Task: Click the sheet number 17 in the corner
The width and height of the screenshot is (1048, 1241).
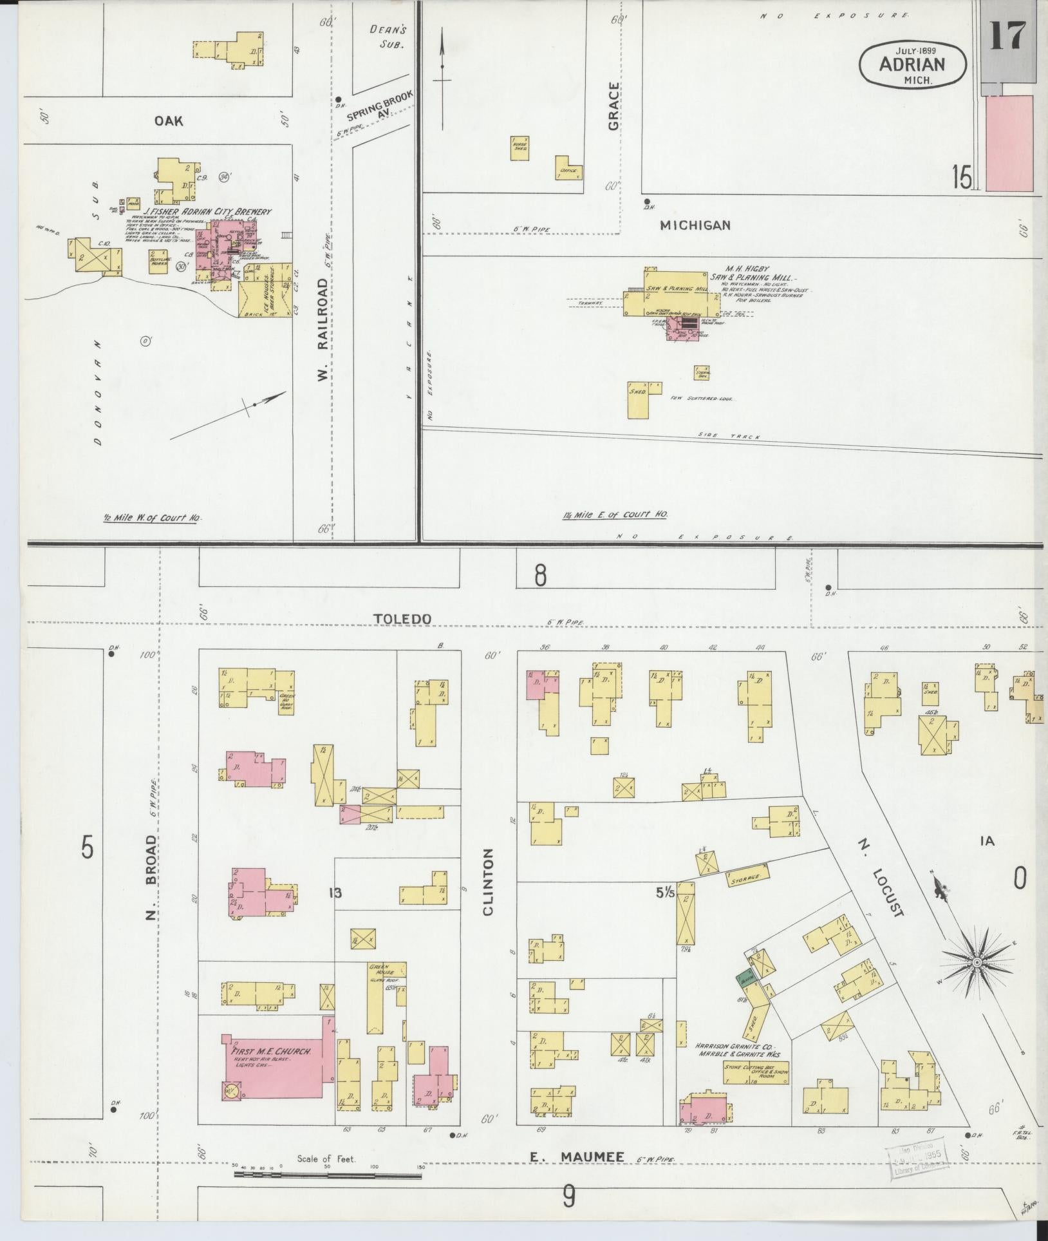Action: (x=1007, y=35)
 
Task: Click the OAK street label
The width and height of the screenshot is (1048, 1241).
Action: (x=169, y=120)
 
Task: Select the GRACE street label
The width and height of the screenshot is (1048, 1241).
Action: (x=613, y=106)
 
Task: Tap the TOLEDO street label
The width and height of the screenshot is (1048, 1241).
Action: (x=403, y=618)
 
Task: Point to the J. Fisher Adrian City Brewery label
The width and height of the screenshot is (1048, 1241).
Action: (x=207, y=211)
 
